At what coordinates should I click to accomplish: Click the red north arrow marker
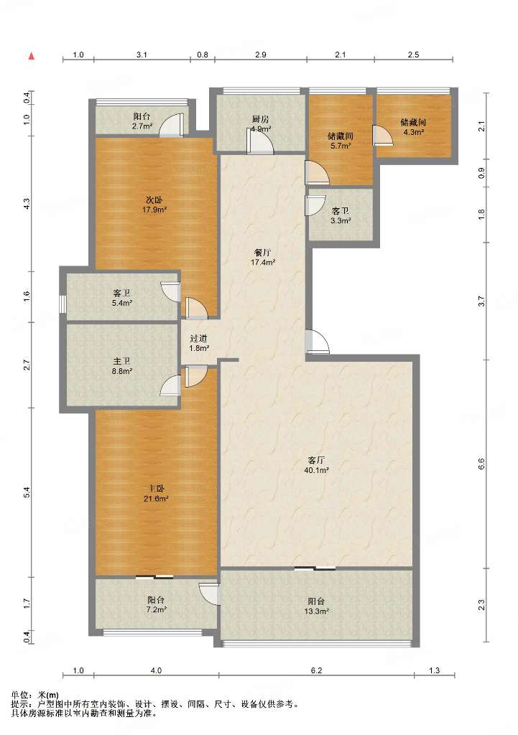(32, 56)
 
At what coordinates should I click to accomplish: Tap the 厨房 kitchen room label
(260, 124)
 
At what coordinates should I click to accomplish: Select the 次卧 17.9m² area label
(155, 205)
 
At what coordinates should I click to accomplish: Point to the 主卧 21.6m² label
(156, 494)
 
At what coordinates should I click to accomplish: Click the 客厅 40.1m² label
(316, 465)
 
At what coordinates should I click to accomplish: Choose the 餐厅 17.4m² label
(262, 258)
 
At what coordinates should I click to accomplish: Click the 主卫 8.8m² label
(121, 366)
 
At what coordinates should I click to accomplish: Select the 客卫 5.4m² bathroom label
(121, 298)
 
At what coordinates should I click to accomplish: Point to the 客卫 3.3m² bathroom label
(341, 216)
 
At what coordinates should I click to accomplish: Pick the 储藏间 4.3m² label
(413, 127)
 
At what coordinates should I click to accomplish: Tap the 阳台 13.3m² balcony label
(316, 606)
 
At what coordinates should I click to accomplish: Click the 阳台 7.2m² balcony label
(156, 604)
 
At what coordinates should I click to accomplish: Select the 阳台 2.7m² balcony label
(142, 121)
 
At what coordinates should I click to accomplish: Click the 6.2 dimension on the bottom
(317, 671)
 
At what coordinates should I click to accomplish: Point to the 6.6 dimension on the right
(481, 464)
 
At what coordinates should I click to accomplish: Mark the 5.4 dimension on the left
(27, 492)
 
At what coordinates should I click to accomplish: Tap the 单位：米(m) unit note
(34, 696)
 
